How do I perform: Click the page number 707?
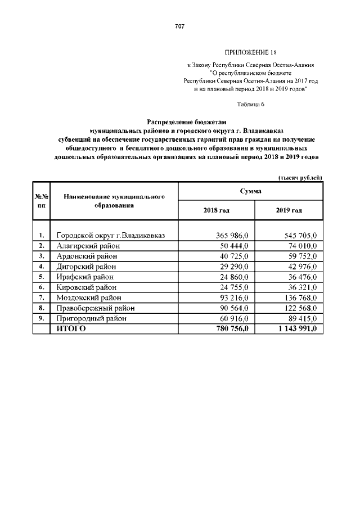[x=180, y=26]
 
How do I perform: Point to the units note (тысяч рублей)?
[x=300, y=178]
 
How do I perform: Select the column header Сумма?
[x=250, y=192]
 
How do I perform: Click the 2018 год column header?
[x=216, y=210]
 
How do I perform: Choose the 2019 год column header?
[x=289, y=210]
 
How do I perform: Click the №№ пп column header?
[x=41, y=201]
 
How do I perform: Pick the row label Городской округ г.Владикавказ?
[x=110, y=235]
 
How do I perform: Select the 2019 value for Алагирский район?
[x=303, y=246]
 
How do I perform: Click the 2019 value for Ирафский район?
[x=303, y=277]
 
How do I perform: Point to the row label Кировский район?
[x=88, y=287]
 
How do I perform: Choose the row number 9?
[x=41, y=318]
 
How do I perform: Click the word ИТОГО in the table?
[x=71, y=329]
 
